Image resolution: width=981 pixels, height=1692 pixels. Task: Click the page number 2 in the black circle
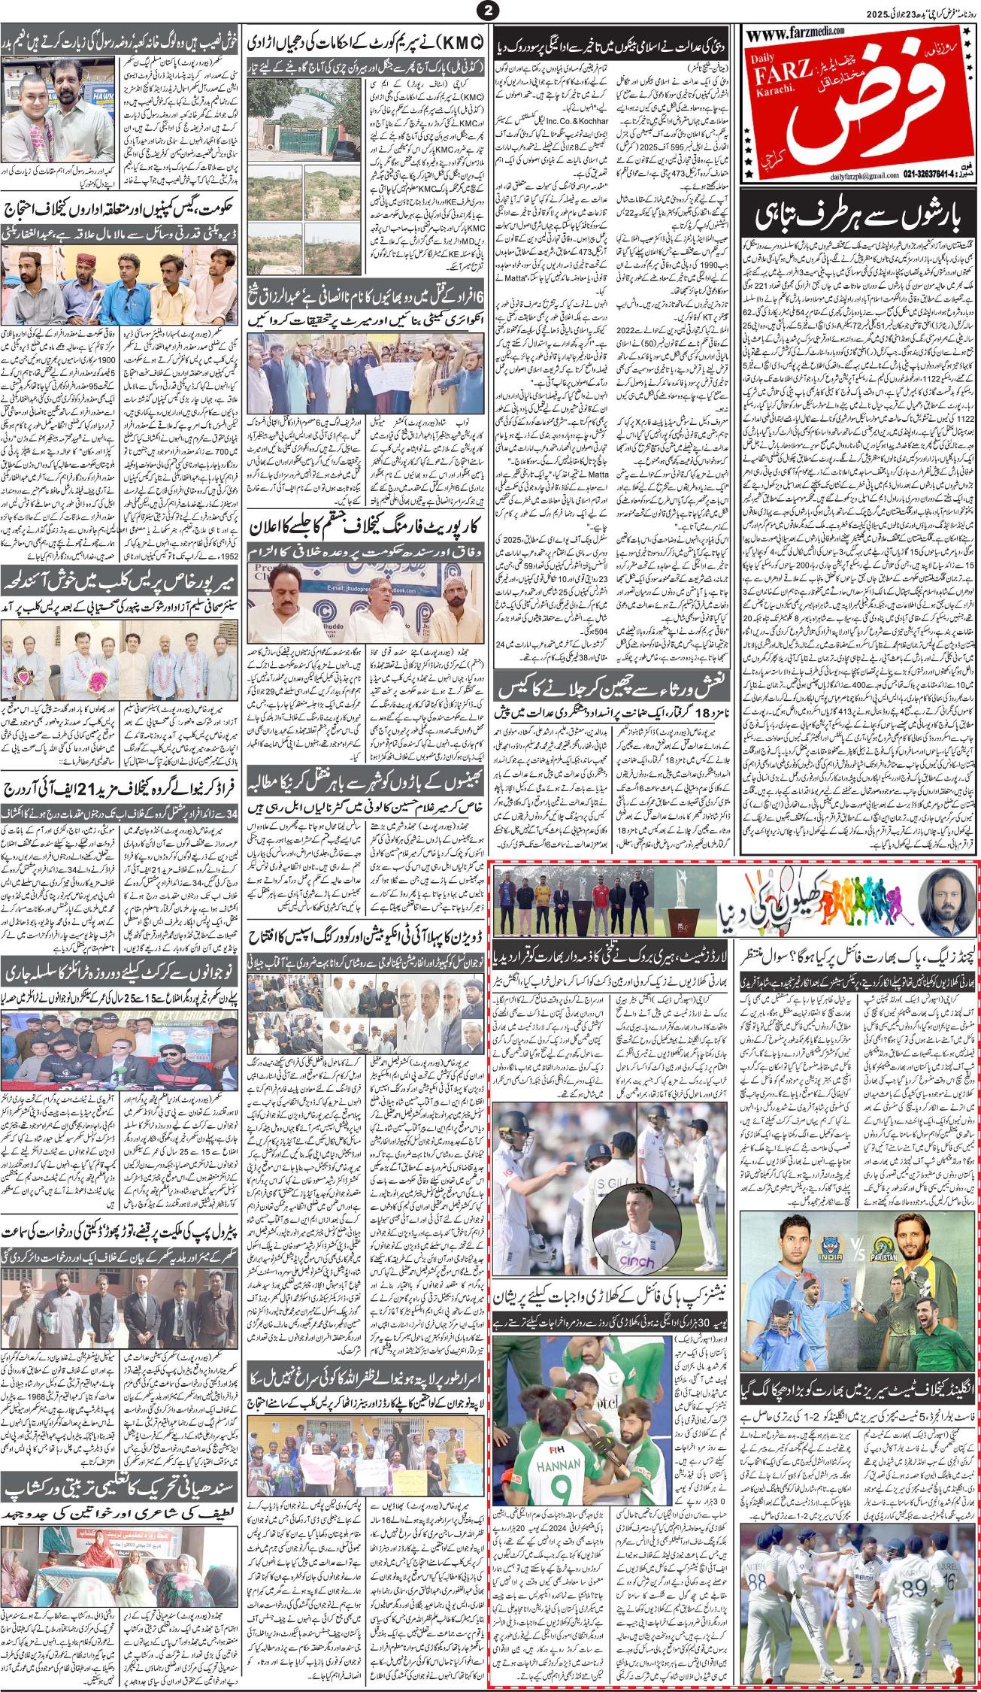(x=490, y=11)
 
